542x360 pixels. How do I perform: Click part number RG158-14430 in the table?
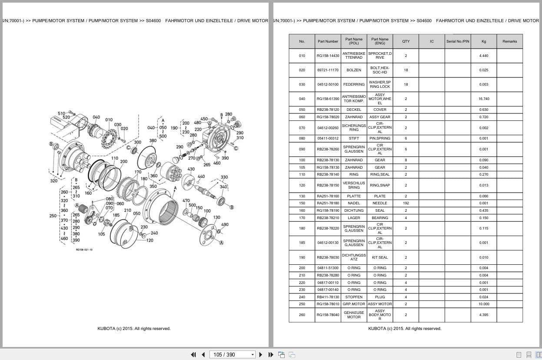pyautogui.click(x=328, y=56)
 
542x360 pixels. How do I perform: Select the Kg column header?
pyautogui.click(x=483, y=41)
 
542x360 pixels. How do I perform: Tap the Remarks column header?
pyautogui.click(x=509, y=41)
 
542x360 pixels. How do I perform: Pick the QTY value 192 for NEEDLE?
pyautogui.click(x=406, y=203)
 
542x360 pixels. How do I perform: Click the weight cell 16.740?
pyautogui.click(x=483, y=99)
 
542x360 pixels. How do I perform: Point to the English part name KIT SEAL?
pyautogui.click(x=379, y=257)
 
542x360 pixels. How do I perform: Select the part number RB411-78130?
pyautogui.click(x=328, y=297)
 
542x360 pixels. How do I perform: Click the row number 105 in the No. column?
pyautogui.click(x=302, y=167)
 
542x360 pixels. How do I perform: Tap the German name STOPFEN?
pyautogui.click(x=354, y=297)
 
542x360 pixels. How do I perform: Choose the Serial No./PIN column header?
pyautogui.click(x=457, y=41)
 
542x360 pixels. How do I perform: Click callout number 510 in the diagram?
pyautogui.click(x=61, y=113)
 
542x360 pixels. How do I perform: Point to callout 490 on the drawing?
pyautogui.click(x=225, y=225)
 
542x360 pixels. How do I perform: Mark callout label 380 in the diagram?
pyautogui.click(x=153, y=141)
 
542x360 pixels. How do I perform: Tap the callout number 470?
pyautogui.click(x=186, y=201)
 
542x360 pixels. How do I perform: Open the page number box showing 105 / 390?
pyautogui.click(x=232, y=354)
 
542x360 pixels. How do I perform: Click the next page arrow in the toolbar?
pyautogui.click(x=261, y=354)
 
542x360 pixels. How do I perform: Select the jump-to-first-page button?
pyautogui.click(x=193, y=354)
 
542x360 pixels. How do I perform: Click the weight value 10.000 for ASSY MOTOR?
pyautogui.click(x=483, y=304)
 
